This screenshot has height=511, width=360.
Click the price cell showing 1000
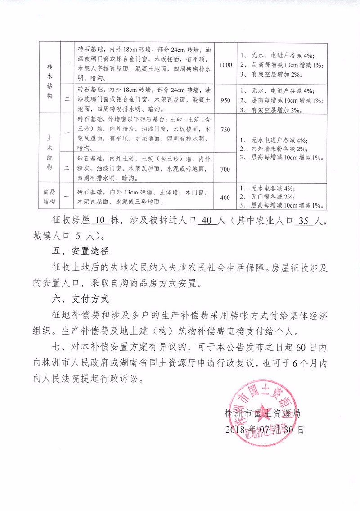(225, 65)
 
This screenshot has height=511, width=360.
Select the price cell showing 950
(225, 99)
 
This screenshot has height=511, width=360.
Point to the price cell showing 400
(225, 198)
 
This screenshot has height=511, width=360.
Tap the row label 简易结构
(49, 198)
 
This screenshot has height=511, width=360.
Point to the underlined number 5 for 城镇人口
(79, 235)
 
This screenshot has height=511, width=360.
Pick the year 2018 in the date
(234, 429)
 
